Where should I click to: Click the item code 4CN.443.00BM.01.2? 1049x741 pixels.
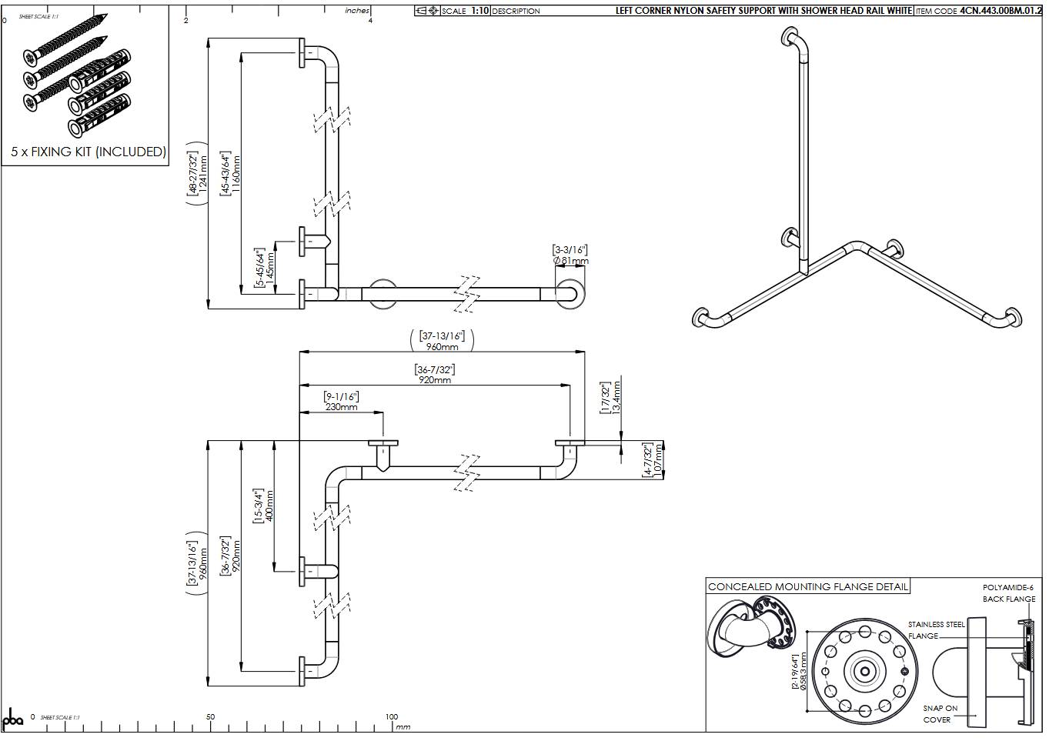pos(1004,11)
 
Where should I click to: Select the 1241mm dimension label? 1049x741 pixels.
pos(204,174)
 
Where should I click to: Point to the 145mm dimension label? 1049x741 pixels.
pos(270,269)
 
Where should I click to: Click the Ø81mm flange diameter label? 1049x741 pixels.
pos(571,261)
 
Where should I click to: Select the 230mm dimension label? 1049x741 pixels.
pos(341,406)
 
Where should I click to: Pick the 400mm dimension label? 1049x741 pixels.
pos(269,506)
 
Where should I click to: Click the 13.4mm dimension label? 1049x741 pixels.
pos(616,398)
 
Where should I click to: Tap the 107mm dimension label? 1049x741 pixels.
pos(658,460)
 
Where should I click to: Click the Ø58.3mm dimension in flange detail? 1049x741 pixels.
pos(803,671)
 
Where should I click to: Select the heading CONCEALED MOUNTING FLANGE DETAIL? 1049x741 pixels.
pos(808,586)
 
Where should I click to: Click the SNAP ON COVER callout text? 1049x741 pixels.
pos(940,713)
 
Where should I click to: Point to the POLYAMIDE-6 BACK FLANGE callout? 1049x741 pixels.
pos(1008,592)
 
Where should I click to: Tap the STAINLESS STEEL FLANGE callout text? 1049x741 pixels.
pos(935,630)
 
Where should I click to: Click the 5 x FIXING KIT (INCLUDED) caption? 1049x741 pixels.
pos(89,152)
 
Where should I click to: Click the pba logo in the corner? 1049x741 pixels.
pos(13,720)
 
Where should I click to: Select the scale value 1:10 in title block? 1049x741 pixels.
pos(479,11)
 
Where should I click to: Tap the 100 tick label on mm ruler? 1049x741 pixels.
pos(391,716)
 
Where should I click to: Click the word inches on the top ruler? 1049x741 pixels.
pos(357,10)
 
